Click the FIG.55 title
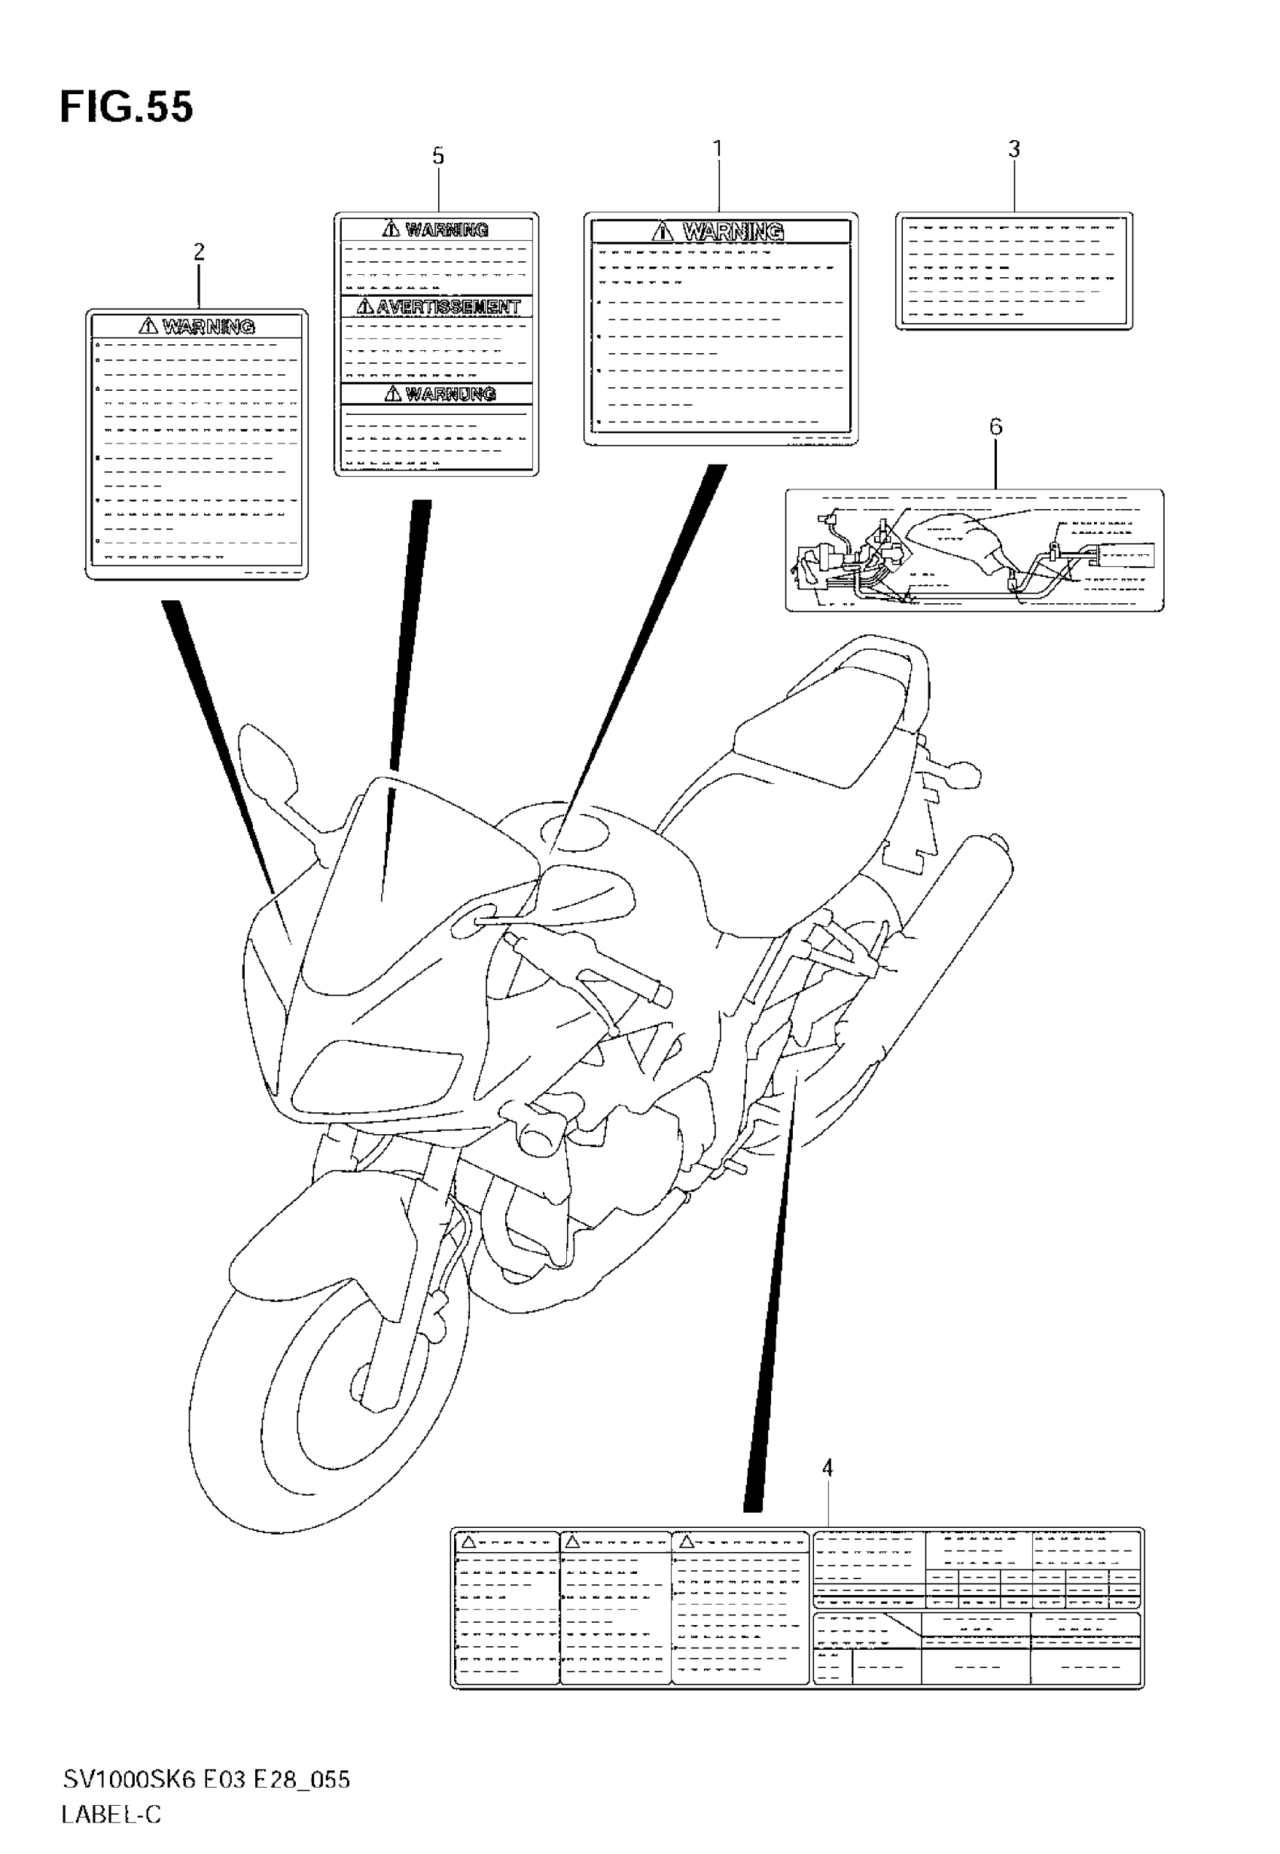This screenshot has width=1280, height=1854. tap(126, 107)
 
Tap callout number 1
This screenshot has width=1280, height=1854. tap(718, 149)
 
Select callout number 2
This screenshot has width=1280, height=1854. tap(199, 252)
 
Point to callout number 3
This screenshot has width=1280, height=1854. tap(1013, 149)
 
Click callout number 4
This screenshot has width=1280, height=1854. tap(827, 1468)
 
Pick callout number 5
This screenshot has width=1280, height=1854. tap(438, 156)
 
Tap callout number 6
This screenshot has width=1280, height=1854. tap(995, 427)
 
